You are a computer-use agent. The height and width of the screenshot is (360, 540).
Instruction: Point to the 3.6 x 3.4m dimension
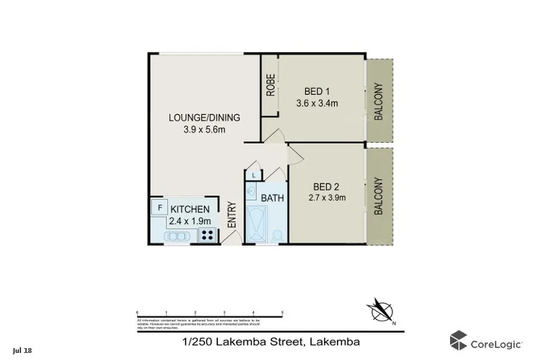pyautogui.click(x=317, y=103)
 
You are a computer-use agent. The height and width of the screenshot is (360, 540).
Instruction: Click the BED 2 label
pyautogui.click(x=326, y=186)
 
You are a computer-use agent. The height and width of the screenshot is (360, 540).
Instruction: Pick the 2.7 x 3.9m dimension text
pyautogui.click(x=326, y=198)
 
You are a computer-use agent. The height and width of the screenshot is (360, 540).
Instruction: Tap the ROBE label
pyautogui.click(x=270, y=85)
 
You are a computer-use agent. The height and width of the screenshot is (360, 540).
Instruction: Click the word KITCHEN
pyautogui.click(x=190, y=209)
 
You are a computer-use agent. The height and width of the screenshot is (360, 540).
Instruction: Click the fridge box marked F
pyautogui.click(x=160, y=208)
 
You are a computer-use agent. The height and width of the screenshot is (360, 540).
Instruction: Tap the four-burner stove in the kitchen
pyautogui.click(x=207, y=236)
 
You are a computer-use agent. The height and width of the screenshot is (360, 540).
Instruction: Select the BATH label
pyautogui.click(x=272, y=198)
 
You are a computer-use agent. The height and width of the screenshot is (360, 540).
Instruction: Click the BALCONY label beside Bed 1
pyautogui.click(x=378, y=103)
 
